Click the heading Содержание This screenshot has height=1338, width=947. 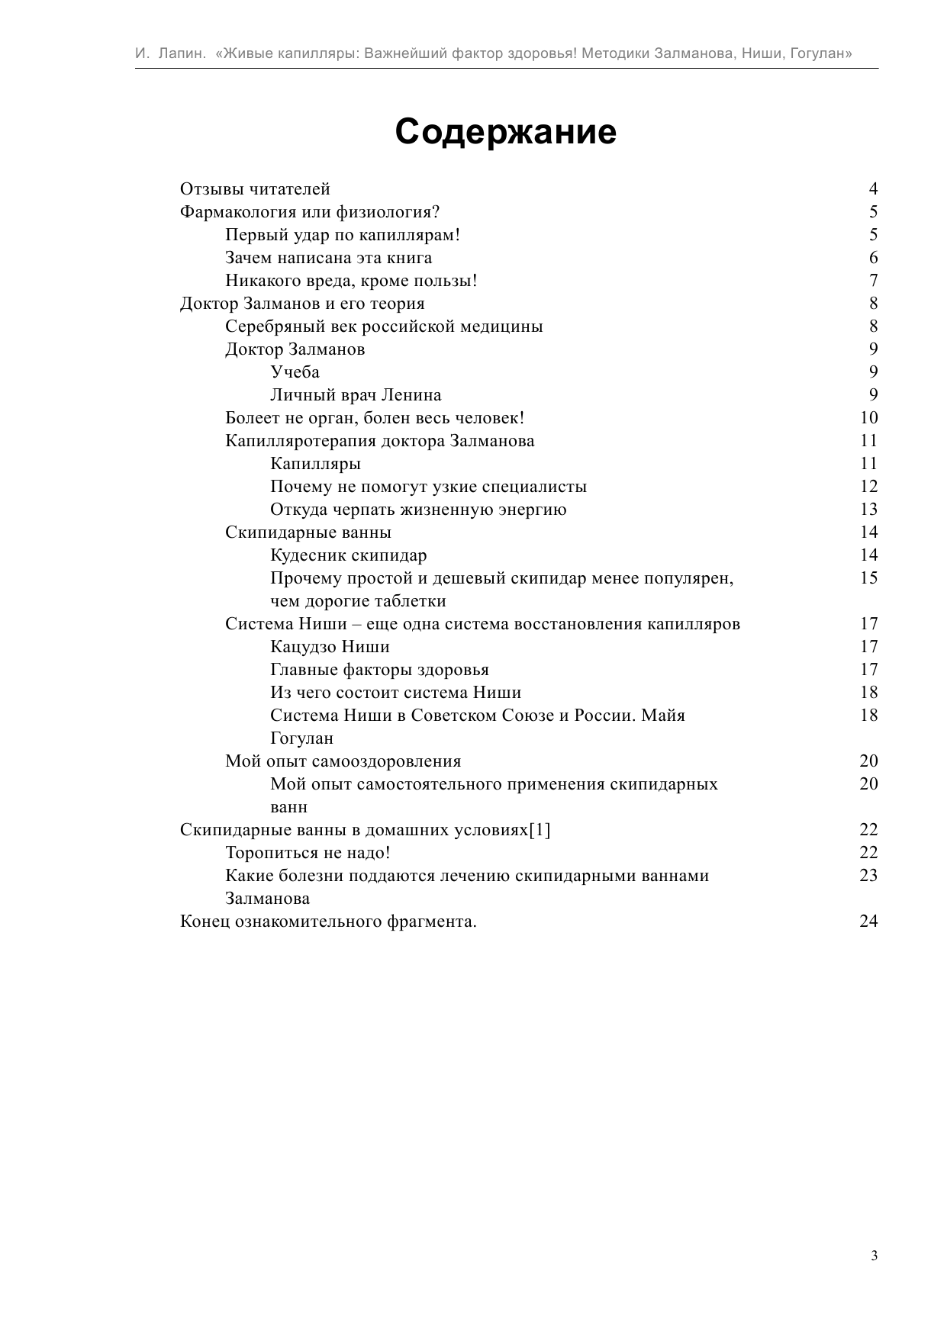click(x=506, y=132)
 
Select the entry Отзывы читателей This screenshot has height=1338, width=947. click(x=255, y=189)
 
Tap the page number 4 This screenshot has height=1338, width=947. click(x=873, y=189)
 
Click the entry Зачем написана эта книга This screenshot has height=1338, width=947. click(x=328, y=258)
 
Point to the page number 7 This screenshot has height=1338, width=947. click(x=873, y=281)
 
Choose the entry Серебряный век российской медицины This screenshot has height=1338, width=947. click(x=384, y=326)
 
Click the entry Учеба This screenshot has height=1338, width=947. click(x=295, y=372)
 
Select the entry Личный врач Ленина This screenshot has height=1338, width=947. click(x=356, y=395)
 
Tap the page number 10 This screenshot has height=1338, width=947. click(x=868, y=418)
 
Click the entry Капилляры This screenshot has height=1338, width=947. click(x=315, y=464)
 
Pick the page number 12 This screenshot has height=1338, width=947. click(x=868, y=487)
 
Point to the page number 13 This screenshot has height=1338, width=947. click(x=868, y=510)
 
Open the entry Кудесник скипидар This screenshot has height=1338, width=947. click(x=349, y=555)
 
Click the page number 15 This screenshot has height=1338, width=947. click(x=868, y=578)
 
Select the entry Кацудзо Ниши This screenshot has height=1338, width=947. click(x=330, y=647)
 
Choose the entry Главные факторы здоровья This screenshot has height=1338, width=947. click(x=379, y=670)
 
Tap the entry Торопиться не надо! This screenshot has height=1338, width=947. click(x=308, y=853)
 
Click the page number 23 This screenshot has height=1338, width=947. click(x=868, y=876)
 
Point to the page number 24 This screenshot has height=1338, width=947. click(x=868, y=921)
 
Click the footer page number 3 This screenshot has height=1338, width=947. click(x=874, y=1256)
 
